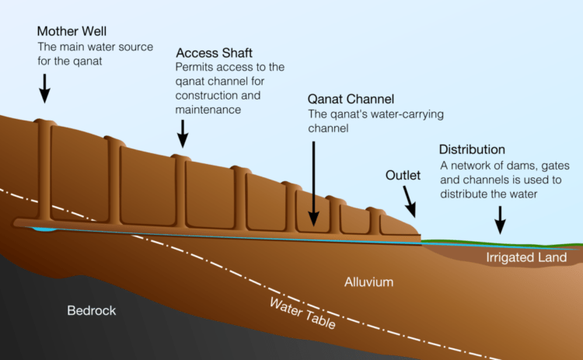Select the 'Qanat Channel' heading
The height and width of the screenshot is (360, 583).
pyautogui.click(x=351, y=100)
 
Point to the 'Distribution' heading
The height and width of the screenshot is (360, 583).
pyautogui.click(x=472, y=149)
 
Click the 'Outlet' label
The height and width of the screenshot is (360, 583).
pyautogui.click(x=403, y=176)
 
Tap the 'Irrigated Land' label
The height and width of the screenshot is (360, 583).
pyautogui.click(x=526, y=257)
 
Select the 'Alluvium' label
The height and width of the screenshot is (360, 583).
pyautogui.click(x=369, y=281)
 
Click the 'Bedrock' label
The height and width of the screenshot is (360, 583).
pyautogui.click(x=92, y=310)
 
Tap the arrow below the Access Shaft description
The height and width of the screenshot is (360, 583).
pyautogui.click(x=183, y=135)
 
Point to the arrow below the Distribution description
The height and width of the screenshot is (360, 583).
pyautogui.click(x=500, y=222)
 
